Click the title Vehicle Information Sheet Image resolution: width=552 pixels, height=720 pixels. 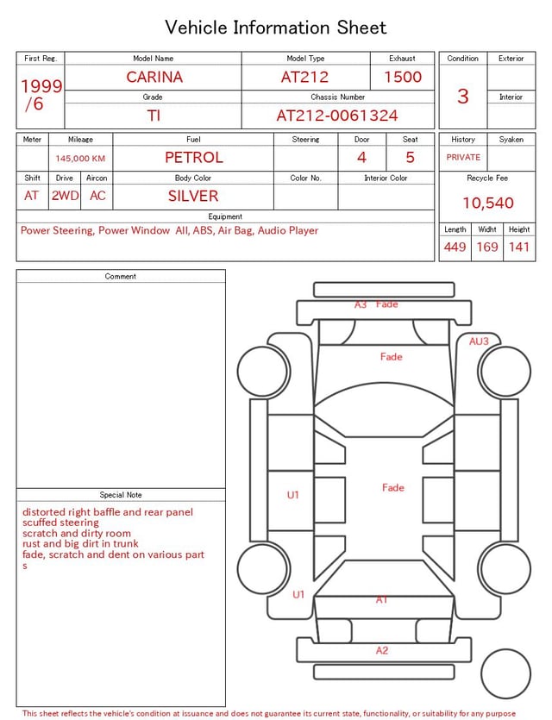275,28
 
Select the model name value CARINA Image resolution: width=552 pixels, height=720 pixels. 154,77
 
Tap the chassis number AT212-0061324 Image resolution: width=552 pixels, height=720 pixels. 337,116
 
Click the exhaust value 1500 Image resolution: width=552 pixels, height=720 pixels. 403,77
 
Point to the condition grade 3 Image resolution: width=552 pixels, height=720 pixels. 462,96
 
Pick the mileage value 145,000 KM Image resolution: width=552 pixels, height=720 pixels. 80,159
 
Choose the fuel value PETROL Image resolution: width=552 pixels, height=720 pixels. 193,157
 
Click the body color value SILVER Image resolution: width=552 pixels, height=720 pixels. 193,196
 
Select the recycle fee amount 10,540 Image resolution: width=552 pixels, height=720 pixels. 487,203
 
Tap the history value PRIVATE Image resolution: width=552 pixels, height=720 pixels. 463,157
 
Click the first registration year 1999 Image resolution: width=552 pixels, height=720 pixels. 41,86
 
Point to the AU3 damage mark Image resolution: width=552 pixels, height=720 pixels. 479,341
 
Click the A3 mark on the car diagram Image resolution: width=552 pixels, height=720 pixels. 361,304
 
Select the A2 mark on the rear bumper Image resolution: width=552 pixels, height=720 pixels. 382,651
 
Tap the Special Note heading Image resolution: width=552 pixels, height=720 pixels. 121,495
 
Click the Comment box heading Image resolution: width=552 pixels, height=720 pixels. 121,276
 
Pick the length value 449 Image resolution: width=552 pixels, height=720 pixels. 455,247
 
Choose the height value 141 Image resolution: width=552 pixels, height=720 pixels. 518,247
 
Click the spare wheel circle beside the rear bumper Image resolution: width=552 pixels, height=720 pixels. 505,674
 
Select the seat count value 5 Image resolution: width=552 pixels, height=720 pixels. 410,157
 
